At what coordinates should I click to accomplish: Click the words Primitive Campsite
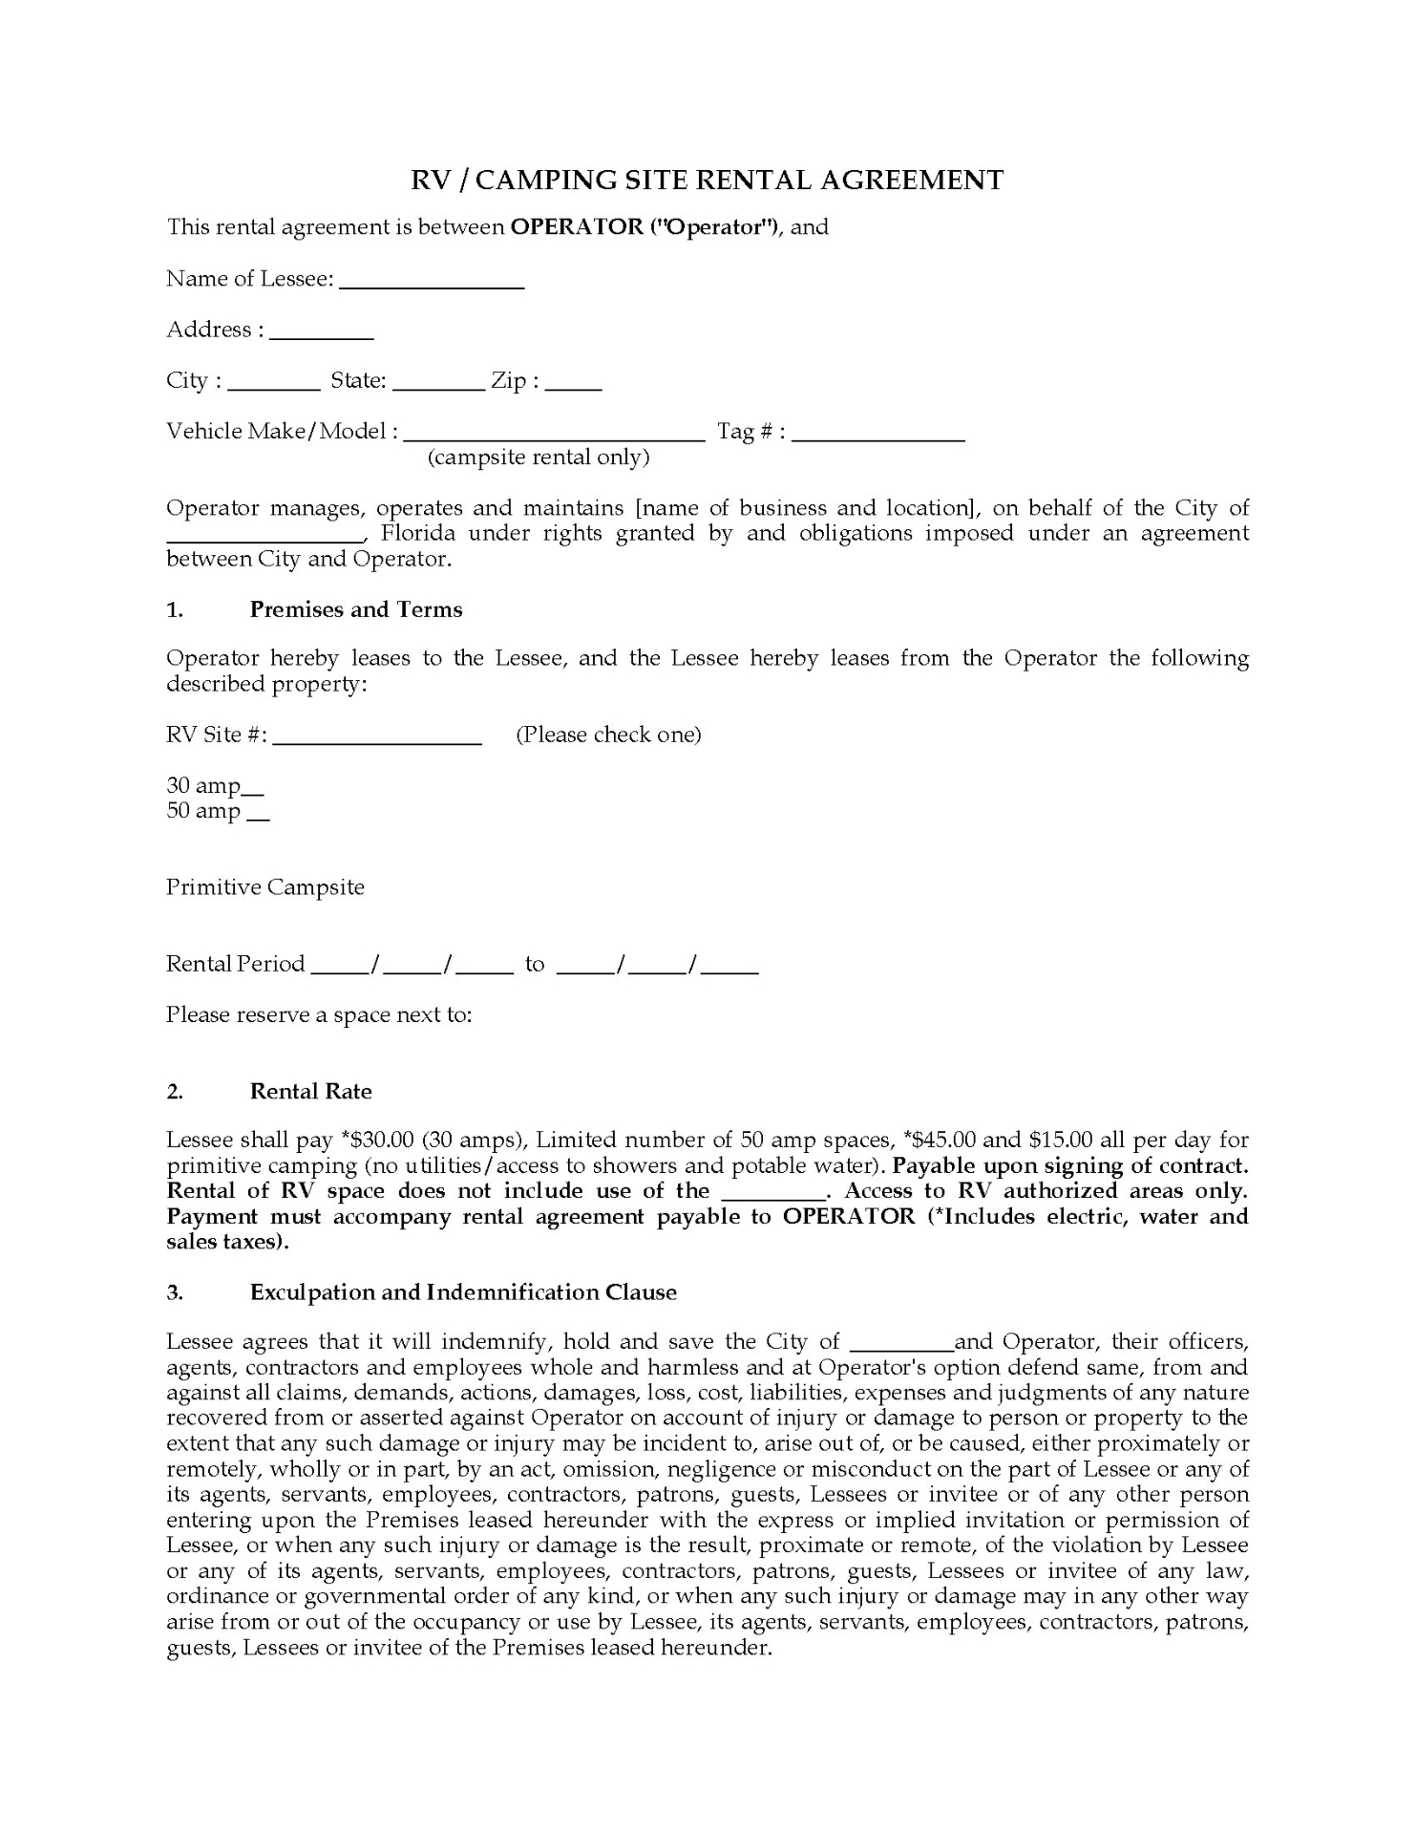[x=265, y=887]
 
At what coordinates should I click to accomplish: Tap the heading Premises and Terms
[x=356, y=610]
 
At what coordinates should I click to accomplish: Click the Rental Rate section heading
[x=310, y=1092]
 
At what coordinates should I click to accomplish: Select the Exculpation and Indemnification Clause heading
[x=463, y=1292]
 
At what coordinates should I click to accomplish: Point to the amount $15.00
[x=1060, y=1140]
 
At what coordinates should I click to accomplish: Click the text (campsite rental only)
[x=539, y=458]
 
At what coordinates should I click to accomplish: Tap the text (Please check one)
[x=608, y=735]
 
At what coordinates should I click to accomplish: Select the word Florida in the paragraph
[x=416, y=533]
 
